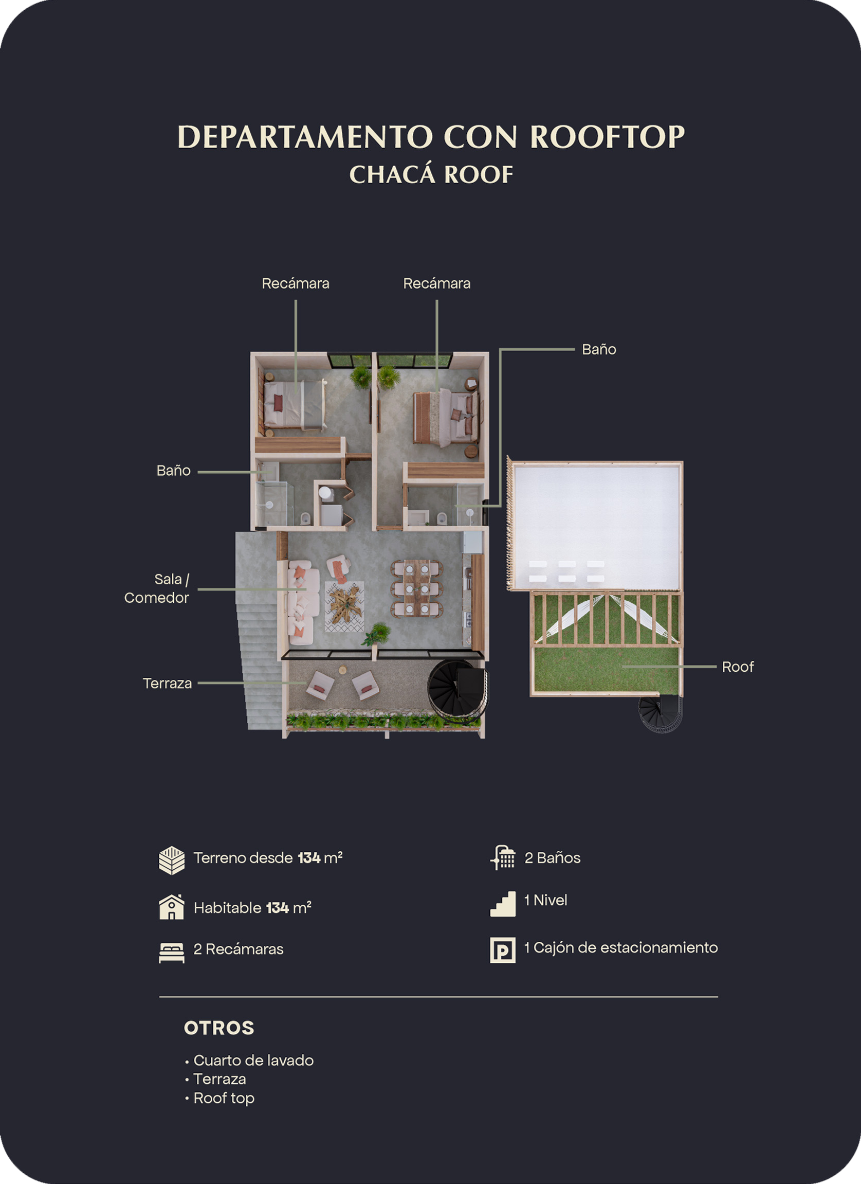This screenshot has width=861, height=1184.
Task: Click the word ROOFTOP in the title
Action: click(x=607, y=137)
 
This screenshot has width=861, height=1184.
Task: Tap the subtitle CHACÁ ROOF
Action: click(x=431, y=175)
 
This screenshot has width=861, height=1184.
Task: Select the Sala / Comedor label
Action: click(x=157, y=588)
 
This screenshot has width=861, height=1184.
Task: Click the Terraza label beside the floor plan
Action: click(x=168, y=684)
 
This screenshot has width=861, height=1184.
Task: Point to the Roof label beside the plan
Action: click(x=737, y=667)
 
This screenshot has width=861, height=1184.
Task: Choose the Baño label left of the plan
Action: click(x=173, y=471)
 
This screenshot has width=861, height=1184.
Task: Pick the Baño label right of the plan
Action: click(x=599, y=350)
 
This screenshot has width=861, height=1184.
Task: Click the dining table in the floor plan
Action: click(x=417, y=588)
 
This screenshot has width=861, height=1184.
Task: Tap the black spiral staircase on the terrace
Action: click(x=456, y=688)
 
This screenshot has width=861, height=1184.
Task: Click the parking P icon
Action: click(x=503, y=950)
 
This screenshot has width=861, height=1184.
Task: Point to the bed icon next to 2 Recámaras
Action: click(x=172, y=952)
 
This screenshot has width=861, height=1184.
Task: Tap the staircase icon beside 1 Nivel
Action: click(x=503, y=904)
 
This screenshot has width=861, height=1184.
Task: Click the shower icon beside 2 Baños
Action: click(x=503, y=858)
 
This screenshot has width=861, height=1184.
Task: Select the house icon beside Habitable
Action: click(x=172, y=907)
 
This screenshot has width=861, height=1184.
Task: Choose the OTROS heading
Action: click(x=219, y=1028)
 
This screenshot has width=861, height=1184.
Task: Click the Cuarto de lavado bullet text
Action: click(x=253, y=1060)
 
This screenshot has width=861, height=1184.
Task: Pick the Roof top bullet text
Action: click(x=224, y=1098)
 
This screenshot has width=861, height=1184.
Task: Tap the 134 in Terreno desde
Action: click(x=309, y=858)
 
